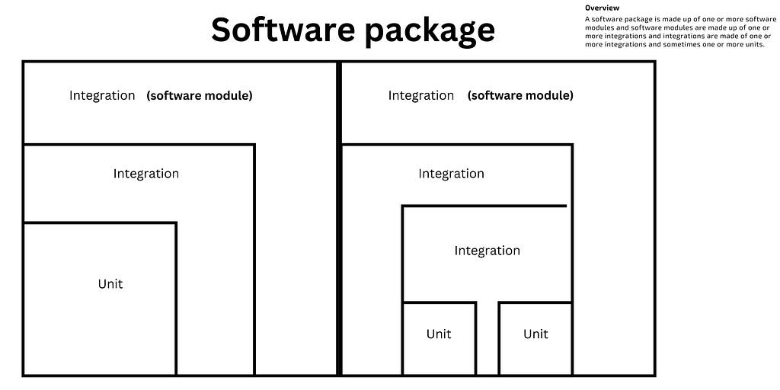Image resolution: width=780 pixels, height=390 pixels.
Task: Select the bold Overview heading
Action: click(602, 8)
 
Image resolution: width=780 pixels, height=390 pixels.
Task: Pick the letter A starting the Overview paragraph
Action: click(587, 19)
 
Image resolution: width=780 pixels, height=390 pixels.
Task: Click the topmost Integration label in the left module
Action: click(102, 95)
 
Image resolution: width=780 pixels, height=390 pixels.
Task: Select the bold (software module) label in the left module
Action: click(200, 95)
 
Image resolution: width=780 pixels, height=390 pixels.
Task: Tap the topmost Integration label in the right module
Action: click(420, 95)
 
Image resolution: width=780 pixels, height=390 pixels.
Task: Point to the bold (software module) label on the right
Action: click(520, 95)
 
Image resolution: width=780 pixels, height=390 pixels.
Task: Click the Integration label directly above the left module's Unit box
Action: click(145, 174)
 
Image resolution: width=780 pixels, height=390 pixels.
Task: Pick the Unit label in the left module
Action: click(110, 284)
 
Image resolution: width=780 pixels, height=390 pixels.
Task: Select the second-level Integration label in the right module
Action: click(451, 174)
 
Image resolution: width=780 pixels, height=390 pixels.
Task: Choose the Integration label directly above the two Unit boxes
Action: click(487, 251)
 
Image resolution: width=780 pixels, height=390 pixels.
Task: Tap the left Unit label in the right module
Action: click(439, 334)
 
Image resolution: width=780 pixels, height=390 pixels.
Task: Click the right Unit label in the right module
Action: click(535, 334)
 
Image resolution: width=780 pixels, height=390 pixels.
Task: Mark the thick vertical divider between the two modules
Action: click(339, 219)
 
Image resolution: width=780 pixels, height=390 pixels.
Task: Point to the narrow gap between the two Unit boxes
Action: click(487, 338)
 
